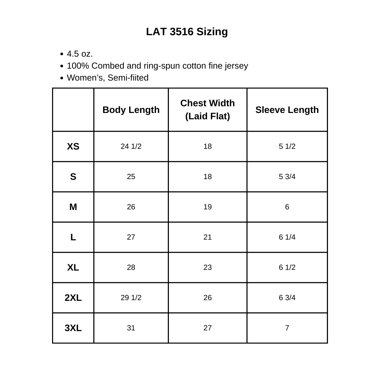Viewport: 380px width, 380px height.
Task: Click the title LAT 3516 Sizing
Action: coord(187,32)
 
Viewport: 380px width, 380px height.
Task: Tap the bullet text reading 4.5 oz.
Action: coord(80,54)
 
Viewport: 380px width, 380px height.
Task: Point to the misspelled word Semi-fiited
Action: coord(128,78)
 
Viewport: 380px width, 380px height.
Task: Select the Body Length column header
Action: coord(131,110)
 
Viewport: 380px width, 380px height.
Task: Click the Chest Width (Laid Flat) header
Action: coord(208,109)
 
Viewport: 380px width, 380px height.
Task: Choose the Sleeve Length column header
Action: coord(287,110)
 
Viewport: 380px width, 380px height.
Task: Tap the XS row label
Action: coord(73,146)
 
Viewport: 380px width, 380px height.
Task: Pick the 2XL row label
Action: coord(73,298)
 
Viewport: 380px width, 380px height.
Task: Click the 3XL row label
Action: coord(73,328)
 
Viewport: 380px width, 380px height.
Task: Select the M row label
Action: coord(73,207)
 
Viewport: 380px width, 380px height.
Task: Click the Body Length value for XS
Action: coord(131,146)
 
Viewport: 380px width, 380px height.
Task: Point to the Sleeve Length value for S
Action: coord(287,177)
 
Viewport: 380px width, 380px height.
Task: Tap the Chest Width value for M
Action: coord(208,207)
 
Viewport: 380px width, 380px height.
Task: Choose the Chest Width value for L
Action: coord(208,237)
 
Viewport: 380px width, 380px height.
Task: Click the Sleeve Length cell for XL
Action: coord(287,267)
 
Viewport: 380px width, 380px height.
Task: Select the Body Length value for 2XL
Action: coord(131,298)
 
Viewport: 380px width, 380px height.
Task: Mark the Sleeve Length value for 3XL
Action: coord(287,328)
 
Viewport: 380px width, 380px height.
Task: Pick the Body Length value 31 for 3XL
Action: coord(131,328)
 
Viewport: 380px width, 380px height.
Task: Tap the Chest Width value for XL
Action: coord(208,267)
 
